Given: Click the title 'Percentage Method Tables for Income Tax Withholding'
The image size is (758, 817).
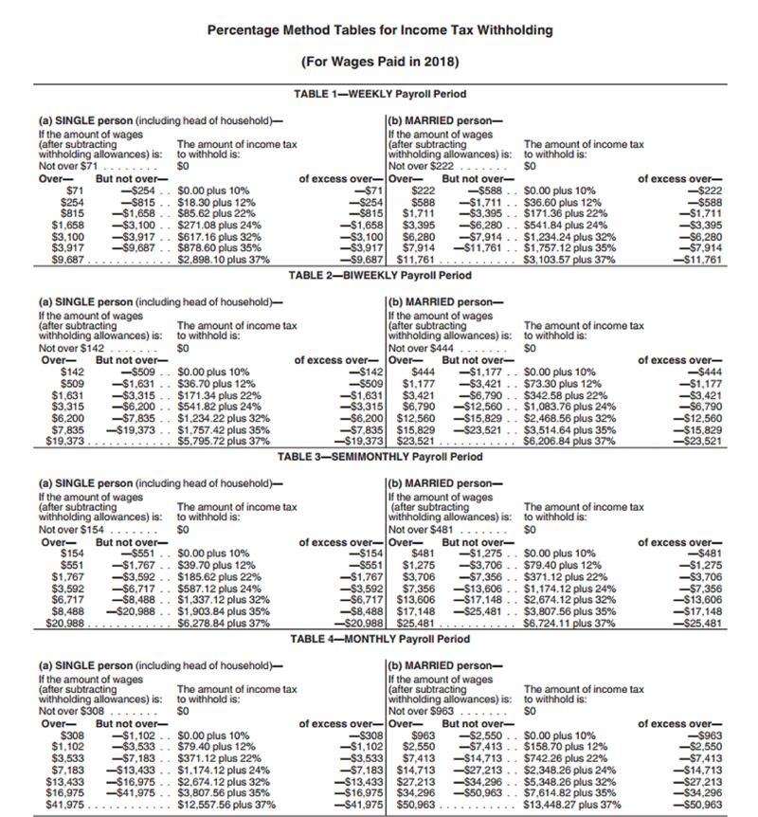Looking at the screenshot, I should coord(379,30).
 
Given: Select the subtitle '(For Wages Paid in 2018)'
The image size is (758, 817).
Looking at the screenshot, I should coord(379,63).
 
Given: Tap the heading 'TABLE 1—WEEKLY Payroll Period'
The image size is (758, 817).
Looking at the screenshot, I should coord(379,94).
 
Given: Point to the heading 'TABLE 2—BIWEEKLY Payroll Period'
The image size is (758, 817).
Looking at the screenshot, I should coord(379,276).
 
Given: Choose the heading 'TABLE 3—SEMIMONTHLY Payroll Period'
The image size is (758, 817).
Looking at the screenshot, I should coord(379,457).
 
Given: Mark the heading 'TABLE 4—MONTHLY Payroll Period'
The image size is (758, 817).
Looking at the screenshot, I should coord(379,639).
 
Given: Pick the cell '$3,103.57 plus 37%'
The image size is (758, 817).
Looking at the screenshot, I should coord(568,260).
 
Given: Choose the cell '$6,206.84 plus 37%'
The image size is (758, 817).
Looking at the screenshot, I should coord(568,441).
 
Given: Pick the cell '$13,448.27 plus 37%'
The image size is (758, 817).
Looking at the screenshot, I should coord(572,805).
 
